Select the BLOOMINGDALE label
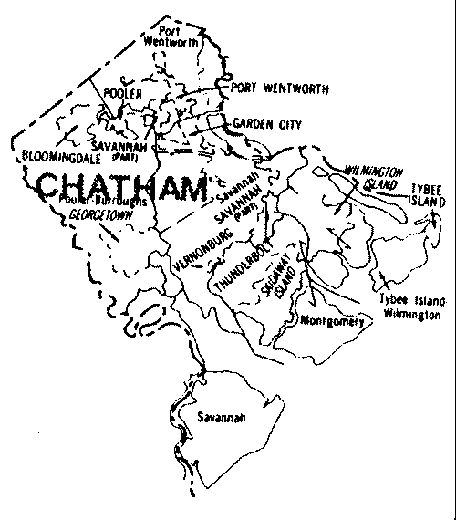point(50,155)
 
